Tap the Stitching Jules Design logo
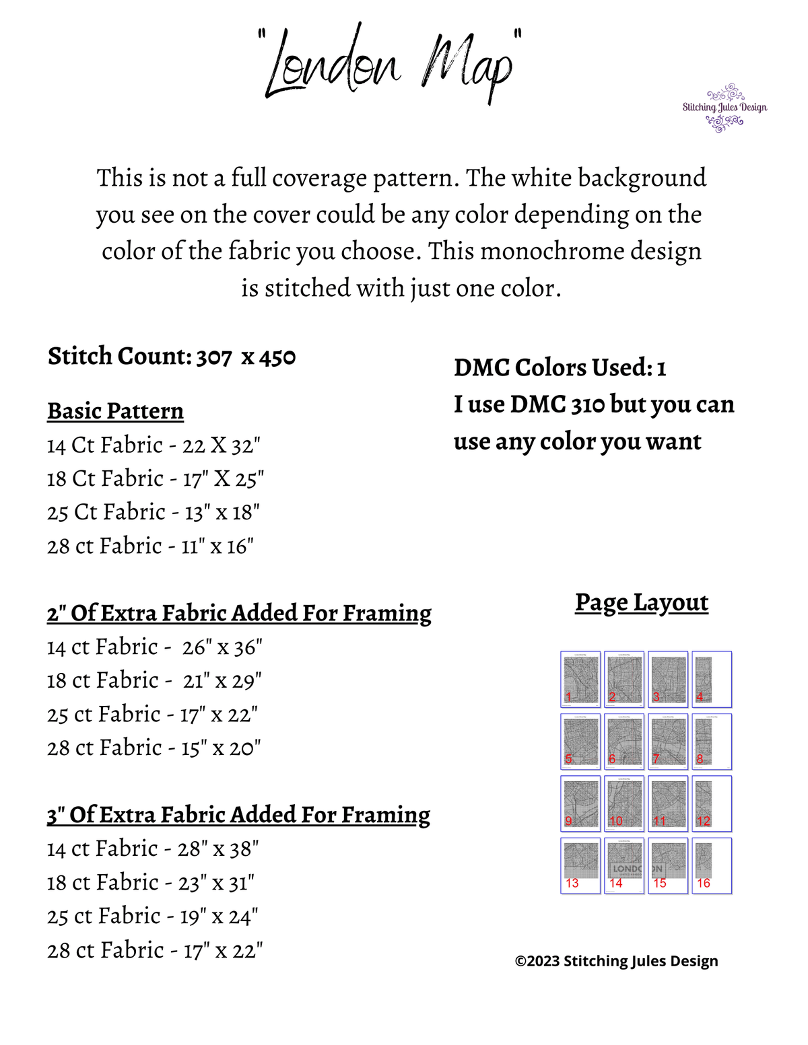coord(725,108)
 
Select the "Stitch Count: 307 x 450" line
coord(172,356)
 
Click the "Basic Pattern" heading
coord(115,410)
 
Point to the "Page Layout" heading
coord(641,602)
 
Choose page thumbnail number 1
coord(580,679)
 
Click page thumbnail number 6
coord(624,741)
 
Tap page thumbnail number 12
coord(712,803)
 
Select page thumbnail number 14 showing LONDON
coord(624,865)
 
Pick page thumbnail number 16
coord(712,865)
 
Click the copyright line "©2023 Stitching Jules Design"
coord(616,961)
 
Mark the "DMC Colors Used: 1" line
coord(560,367)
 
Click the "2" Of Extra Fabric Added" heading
coord(239,613)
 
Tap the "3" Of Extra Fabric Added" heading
coord(238,815)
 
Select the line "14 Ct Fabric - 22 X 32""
coord(154,445)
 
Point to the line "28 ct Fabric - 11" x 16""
coord(150,546)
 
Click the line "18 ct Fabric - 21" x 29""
coord(154,680)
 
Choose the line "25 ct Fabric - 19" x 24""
coord(153,916)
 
